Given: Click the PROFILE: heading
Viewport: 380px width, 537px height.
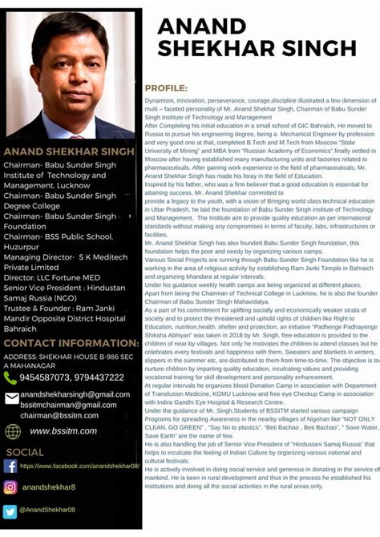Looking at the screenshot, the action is pos(166,87).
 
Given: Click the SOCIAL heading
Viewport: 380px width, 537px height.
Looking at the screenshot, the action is pos(25,452).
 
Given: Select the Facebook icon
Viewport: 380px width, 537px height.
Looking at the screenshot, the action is pos(10,466).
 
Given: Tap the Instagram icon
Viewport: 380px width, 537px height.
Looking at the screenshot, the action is pos(10,487).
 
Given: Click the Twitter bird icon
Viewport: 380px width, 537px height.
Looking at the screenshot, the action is pos(10,511).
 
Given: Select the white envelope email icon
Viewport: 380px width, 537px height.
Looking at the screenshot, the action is pos(11,398).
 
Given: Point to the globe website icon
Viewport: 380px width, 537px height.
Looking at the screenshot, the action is pos(13,431).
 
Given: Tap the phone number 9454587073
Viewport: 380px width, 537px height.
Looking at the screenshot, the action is pos(45,378).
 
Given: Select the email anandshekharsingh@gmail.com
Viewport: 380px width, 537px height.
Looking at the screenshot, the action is pos(75,394).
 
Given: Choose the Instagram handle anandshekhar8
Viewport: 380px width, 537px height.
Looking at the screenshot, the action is pos(49,487).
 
